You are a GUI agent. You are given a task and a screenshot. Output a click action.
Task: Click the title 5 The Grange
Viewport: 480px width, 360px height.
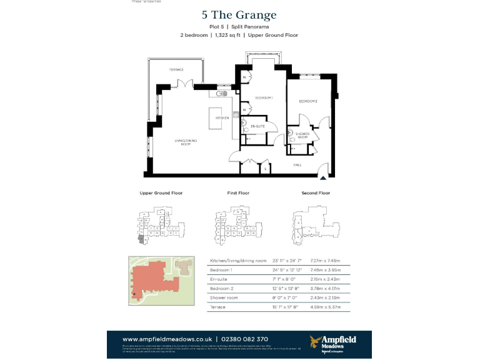(239, 15)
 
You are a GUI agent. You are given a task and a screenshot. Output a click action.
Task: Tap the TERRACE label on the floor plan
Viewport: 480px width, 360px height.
(176, 69)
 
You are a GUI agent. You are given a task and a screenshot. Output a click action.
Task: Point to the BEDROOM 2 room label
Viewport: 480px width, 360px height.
(307, 101)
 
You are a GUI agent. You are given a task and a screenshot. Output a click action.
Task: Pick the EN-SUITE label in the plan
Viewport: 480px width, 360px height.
(258, 126)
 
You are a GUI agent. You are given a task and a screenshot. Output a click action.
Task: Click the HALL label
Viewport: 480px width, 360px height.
(297, 165)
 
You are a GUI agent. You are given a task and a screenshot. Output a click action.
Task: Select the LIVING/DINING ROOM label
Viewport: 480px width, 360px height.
(186, 142)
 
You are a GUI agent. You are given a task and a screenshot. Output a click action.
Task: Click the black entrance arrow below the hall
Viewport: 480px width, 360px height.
(322, 177)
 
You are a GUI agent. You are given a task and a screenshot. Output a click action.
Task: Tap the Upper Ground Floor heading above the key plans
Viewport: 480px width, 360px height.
(161, 193)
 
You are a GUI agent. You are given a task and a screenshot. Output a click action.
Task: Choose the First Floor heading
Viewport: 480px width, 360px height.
(238, 193)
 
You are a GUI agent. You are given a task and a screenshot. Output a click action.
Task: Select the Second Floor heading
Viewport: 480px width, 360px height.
(316, 193)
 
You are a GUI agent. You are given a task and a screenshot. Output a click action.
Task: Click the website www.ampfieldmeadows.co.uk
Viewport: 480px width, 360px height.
(167, 339)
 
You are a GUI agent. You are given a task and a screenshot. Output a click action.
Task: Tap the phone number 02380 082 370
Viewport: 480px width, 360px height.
(246, 339)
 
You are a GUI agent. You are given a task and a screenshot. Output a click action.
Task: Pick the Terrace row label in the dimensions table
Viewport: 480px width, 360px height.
(219, 307)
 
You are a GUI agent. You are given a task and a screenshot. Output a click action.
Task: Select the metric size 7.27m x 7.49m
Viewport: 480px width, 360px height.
(324, 260)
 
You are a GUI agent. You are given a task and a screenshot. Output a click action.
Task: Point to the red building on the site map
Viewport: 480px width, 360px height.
(153, 279)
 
